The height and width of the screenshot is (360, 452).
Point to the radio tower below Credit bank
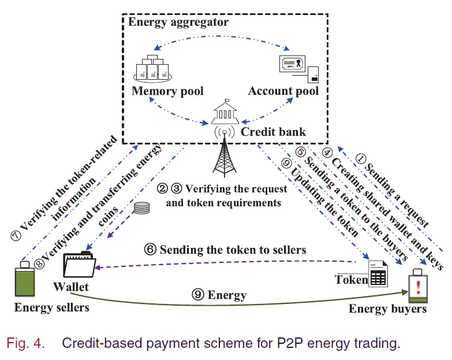click(222, 156)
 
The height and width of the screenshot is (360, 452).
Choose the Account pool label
click(283, 91)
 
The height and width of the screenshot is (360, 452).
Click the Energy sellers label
click(52, 307)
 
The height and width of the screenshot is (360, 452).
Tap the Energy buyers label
click(387, 309)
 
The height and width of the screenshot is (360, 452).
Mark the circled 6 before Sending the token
click(151, 250)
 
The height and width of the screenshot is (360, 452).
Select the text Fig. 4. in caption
click(25, 343)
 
